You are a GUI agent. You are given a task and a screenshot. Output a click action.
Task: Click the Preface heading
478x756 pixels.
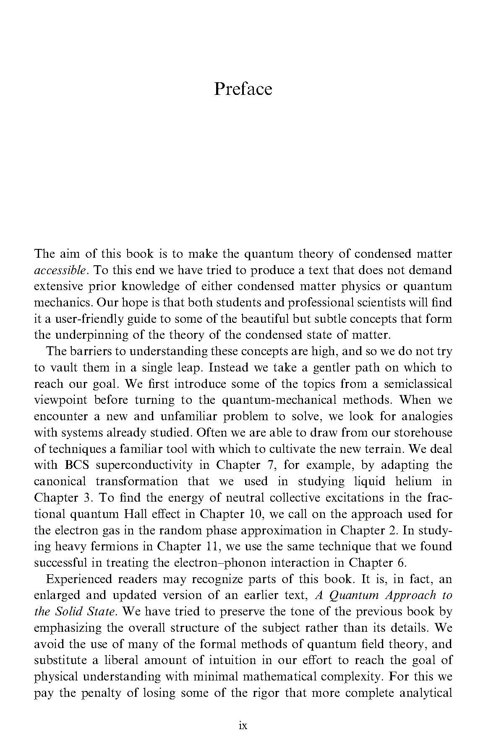pyautogui.click(x=243, y=89)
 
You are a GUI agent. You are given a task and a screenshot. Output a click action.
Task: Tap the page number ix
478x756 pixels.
pyautogui.click(x=243, y=725)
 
